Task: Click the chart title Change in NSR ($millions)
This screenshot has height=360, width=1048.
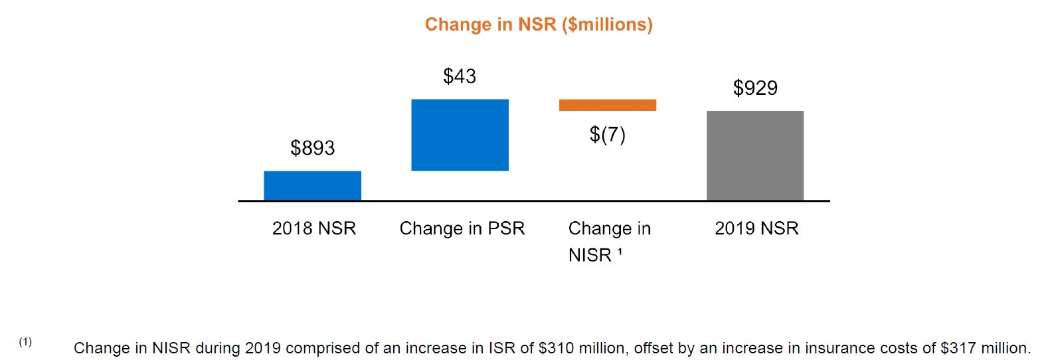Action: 539,25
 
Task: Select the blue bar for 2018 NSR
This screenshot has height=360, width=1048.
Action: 312,185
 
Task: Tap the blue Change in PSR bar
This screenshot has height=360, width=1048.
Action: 460,135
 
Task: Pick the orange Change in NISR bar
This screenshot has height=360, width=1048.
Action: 607,105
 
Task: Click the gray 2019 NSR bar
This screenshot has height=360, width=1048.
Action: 754,155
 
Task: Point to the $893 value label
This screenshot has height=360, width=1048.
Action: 312,147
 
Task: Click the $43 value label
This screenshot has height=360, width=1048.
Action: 460,76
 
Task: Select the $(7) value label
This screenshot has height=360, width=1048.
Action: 607,135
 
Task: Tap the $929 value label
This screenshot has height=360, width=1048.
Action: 755,88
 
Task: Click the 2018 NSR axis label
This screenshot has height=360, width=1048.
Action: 314,228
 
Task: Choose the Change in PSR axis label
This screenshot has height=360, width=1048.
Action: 462,228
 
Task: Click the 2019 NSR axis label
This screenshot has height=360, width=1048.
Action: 756,228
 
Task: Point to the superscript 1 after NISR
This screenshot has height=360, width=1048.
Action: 620,252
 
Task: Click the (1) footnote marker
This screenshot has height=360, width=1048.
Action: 25,342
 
